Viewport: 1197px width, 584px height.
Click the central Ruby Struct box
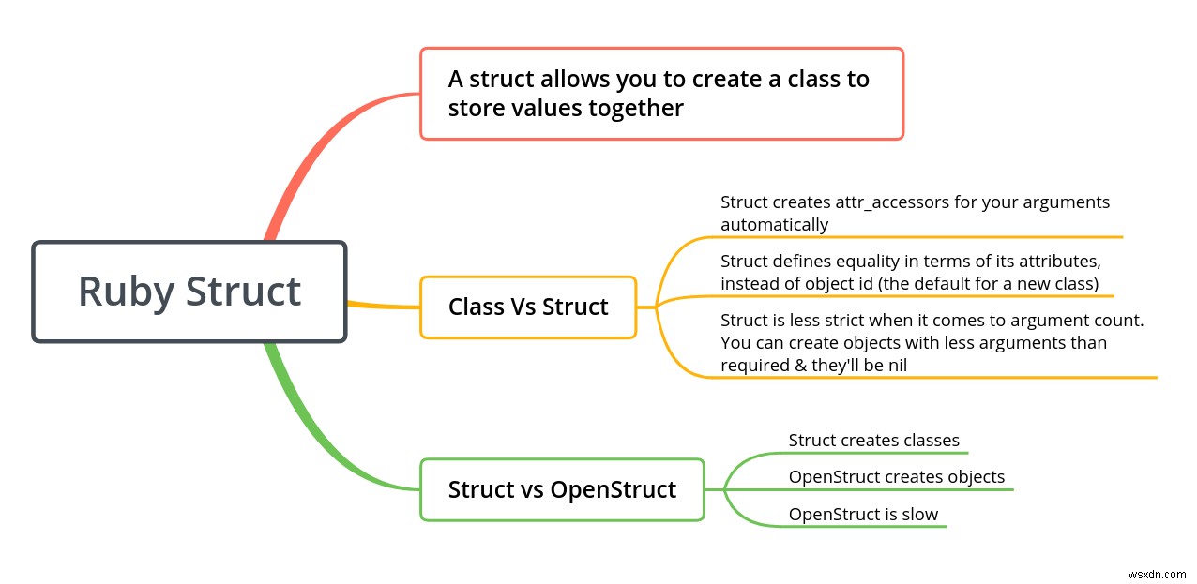tap(189, 292)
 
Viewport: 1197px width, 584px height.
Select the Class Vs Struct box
tap(528, 307)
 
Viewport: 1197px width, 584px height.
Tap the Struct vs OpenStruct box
tap(562, 489)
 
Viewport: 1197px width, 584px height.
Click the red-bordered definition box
tap(661, 94)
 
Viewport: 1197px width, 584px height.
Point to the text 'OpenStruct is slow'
tap(863, 514)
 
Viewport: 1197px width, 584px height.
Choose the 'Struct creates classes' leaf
tap(873, 440)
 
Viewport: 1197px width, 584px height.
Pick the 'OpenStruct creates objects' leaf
tap(896, 477)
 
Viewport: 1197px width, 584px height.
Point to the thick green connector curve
tap(310, 431)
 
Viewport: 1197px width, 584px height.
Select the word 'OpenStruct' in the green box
tap(613, 489)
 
